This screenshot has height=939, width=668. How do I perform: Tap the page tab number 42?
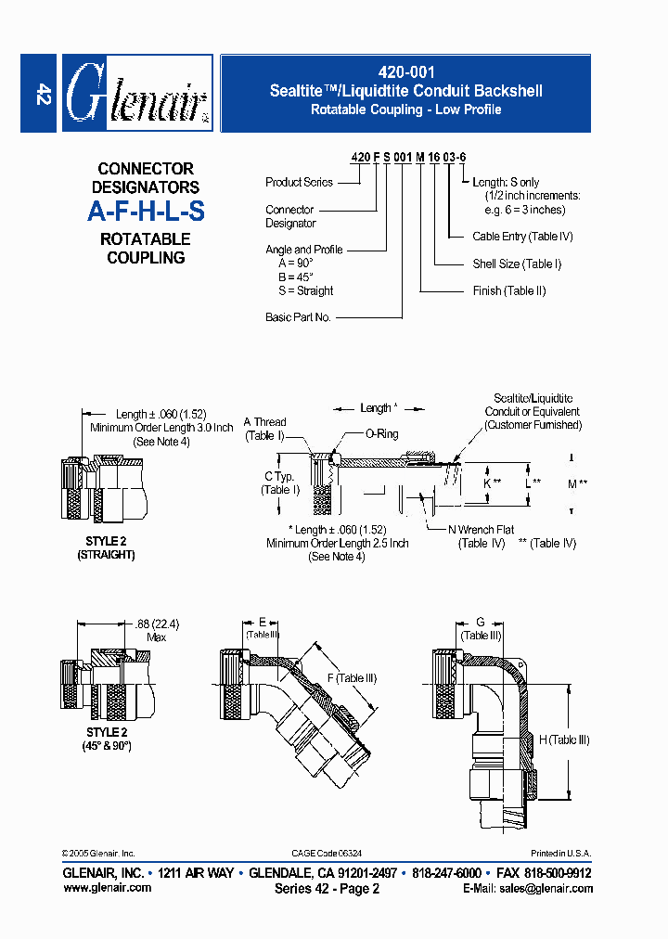point(41,93)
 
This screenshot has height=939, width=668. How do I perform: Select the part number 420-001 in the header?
point(405,71)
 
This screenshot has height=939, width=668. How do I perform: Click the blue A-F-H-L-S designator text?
point(146,212)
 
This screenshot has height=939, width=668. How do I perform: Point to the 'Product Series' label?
point(299,183)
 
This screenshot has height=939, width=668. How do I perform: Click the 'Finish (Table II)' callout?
point(509,290)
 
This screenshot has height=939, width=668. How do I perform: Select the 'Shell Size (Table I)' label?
point(517,264)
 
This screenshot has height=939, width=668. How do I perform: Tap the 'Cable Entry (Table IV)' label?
point(522,237)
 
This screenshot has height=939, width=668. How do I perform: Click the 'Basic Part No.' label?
point(298,317)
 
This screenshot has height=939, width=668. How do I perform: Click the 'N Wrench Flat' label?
point(482,530)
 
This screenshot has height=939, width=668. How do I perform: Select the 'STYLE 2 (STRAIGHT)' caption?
point(105,547)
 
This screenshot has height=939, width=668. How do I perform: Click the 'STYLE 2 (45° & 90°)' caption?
point(105,739)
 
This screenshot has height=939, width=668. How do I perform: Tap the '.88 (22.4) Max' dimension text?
point(155,630)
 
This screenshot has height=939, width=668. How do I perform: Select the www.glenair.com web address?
point(107,888)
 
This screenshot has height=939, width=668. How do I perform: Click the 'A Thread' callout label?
point(265,422)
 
